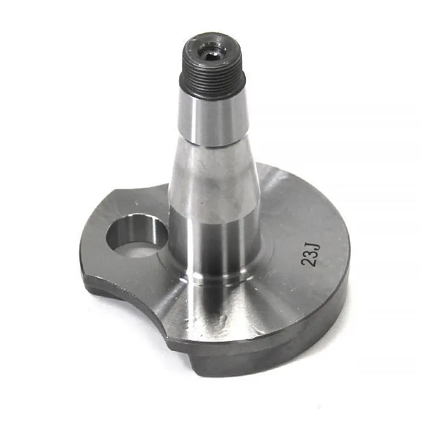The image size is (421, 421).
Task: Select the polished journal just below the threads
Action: point(214,118)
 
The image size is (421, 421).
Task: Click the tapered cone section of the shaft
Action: point(214,177)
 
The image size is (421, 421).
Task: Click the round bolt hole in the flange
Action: point(137,236)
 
